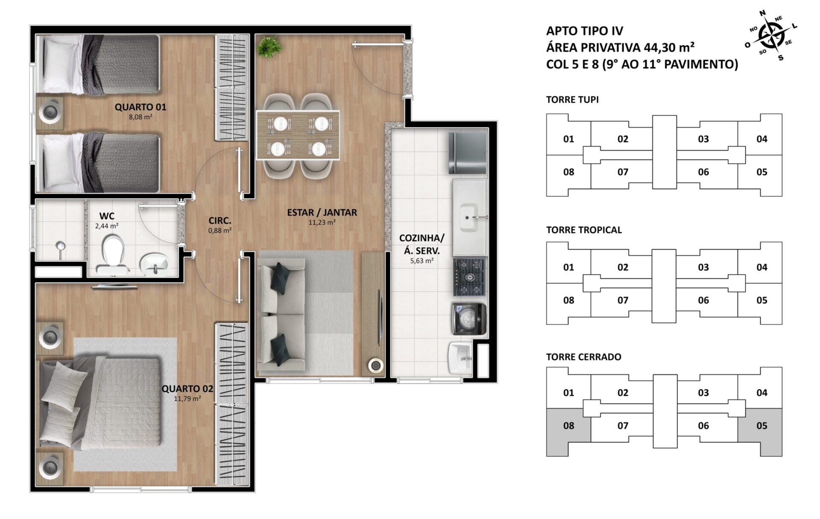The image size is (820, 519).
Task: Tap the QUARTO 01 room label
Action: pyautogui.click(x=141, y=107)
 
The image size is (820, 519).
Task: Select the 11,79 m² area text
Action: pyautogui.click(x=187, y=399)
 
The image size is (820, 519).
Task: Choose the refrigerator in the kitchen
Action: pyautogui.click(x=467, y=152)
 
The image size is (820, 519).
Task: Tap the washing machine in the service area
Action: pyautogui.click(x=469, y=319)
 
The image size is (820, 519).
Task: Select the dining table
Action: pyautogui.click(x=298, y=135)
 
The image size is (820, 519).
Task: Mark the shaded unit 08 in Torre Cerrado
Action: pyautogui.click(x=568, y=431)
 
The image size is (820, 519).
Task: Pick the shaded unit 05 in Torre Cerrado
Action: pyautogui.click(x=760, y=431)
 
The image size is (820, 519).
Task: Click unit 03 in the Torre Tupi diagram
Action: pyautogui.click(x=703, y=139)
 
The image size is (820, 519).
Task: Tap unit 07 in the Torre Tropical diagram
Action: pyautogui.click(x=623, y=300)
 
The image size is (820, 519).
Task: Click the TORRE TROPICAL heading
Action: pyautogui.click(x=584, y=230)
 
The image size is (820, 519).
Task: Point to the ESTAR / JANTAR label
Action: pyautogui.click(x=322, y=212)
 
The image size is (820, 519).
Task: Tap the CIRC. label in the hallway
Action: pyautogui.click(x=220, y=221)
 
